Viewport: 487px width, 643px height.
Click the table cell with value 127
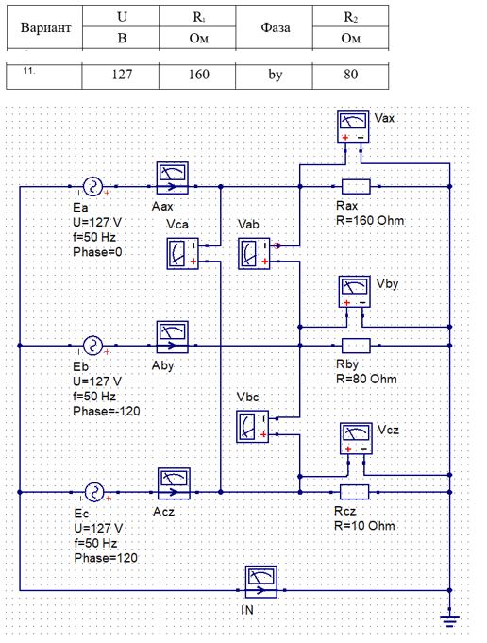point(121,76)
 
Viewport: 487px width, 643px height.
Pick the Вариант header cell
point(44,28)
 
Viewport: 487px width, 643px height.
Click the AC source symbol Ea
point(92,187)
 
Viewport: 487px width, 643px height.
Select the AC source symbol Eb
point(92,346)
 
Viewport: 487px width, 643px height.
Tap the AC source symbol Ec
point(94,492)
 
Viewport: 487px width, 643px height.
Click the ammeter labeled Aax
point(173,178)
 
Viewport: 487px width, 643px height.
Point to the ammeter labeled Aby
point(173,337)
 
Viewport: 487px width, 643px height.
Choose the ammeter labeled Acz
point(174,483)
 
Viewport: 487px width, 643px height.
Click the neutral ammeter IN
point(261,582)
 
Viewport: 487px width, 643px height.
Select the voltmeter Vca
point(182,253)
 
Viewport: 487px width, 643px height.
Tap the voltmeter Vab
point(254,253)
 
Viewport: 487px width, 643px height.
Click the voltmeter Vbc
point(253,427)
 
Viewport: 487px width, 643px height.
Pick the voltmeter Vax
point(353,127)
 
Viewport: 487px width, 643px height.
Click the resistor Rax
point(356,187)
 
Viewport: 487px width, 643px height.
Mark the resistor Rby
point(356,346)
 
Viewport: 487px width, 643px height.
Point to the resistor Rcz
point(355,492)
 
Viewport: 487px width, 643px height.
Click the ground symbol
point(449,621)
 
